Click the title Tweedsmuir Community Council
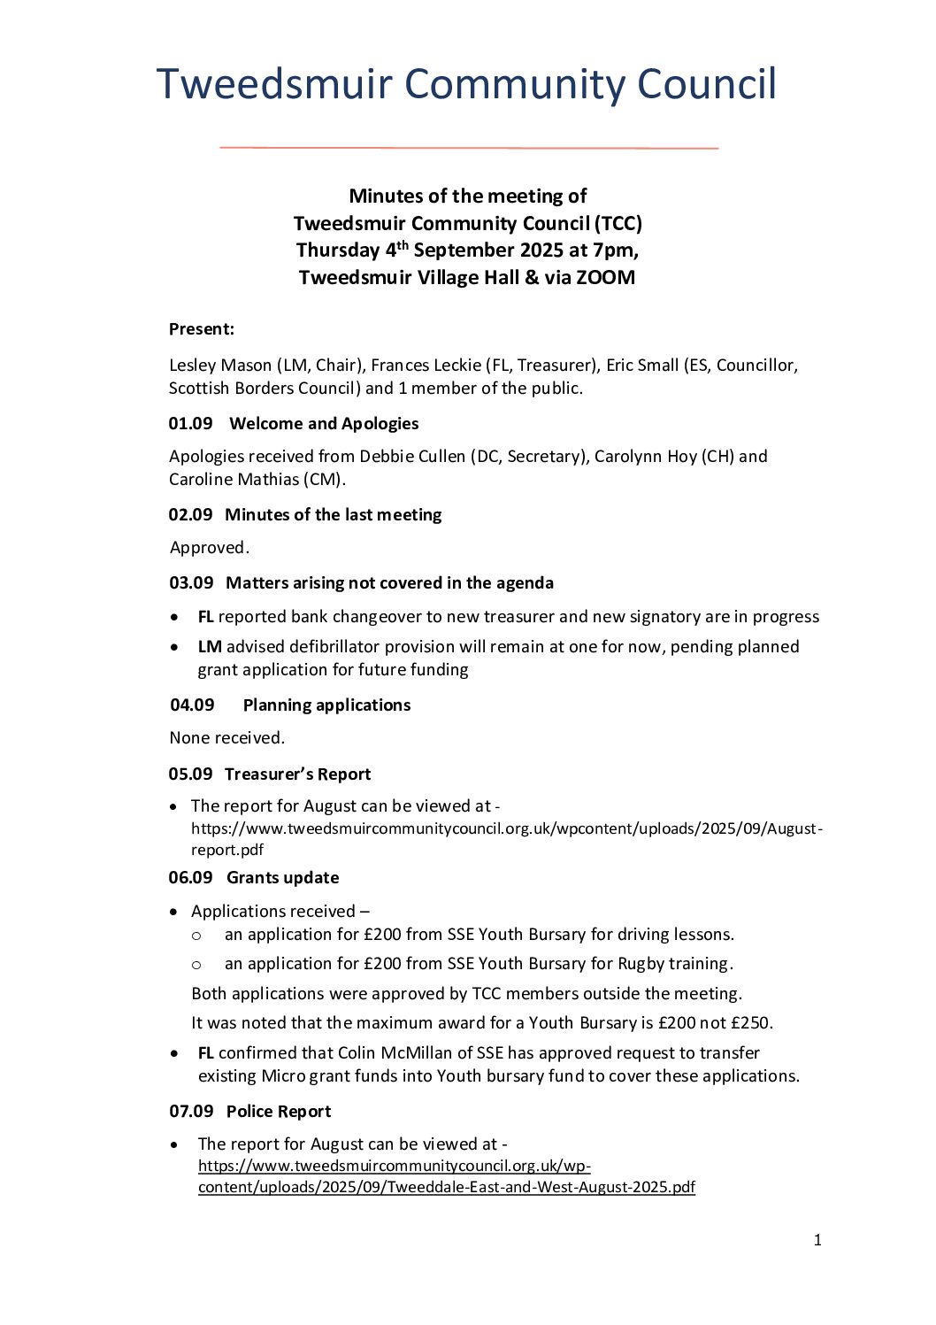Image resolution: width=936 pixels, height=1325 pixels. pyautogui.click(x=466, y=85)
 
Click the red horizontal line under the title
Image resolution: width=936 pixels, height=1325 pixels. pyautogui.click(x=468, y=148)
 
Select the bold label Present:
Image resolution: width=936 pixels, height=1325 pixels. pyautogui.click(x=202, y=329)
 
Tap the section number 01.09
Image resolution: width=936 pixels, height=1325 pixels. pyautogui.click(x=190, y=424)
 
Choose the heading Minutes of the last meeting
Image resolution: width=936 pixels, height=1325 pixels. pyautogui.click(x=333, y=515)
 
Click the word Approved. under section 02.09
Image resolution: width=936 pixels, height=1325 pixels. pyautogui.click(x=210, y=548)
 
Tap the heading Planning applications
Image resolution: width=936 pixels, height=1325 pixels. pyautogui.click(x=326, y=705)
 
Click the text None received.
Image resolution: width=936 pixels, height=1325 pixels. pyautogui.click(x=227, y=738)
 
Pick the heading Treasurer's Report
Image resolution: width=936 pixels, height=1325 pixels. pyautogui.click(x=297, y=774)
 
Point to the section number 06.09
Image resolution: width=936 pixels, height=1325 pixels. pyautogui.click(x=190, y=878)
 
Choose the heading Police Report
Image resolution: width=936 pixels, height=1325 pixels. pyautogui.click(x=279, y=1112)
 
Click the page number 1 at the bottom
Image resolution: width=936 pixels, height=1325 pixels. pyautogui.click(x=817, y=1240)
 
